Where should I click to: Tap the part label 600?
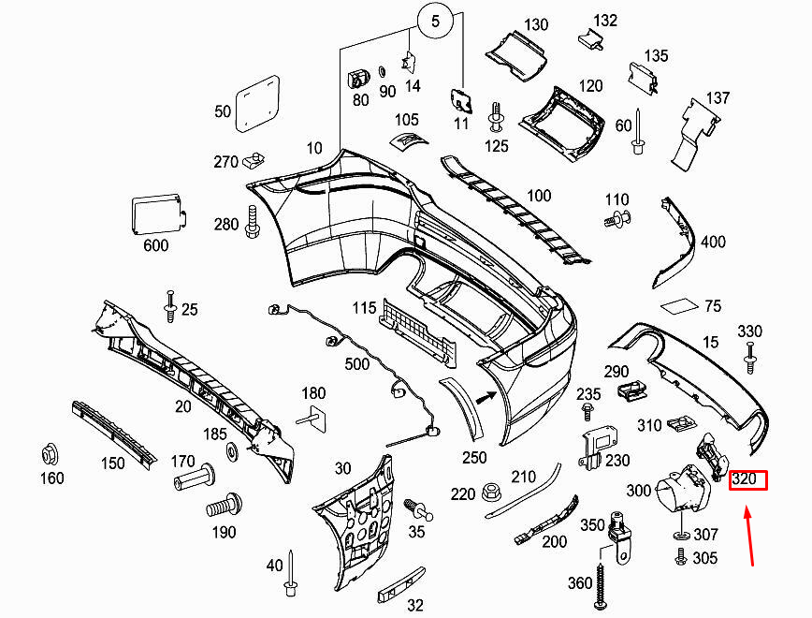click(x=155, y=245)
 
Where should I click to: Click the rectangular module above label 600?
click(x=157, y=214)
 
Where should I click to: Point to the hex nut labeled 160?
click(x=50, y=456)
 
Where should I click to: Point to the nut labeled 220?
click(x=493, y=491)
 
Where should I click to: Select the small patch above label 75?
click(x=679, y=306)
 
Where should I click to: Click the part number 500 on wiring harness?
click(x=357, y=363)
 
